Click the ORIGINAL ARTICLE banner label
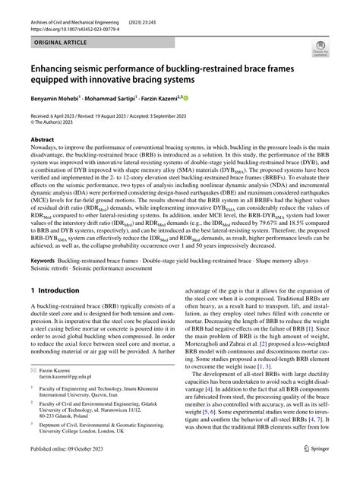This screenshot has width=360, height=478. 62,45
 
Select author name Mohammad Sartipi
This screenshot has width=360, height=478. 126,99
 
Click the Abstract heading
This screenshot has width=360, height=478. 43,140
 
